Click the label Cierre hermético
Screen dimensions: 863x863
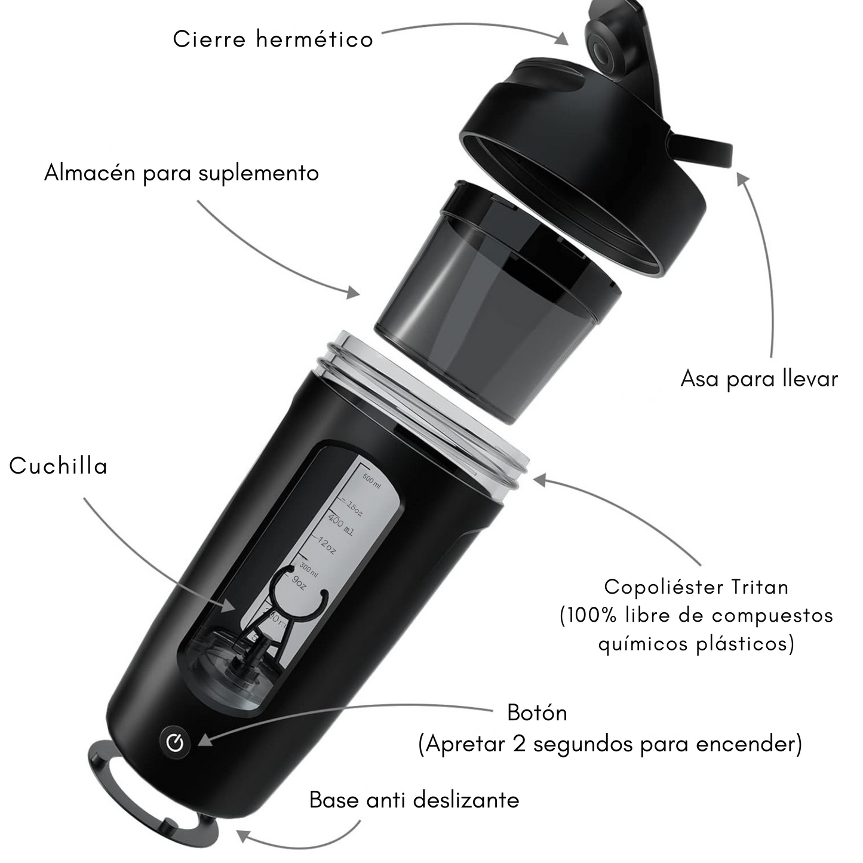(273, 39)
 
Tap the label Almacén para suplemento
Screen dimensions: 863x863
(182, 173)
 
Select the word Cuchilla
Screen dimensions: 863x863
(59, 466)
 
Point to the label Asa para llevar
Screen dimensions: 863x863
(759, 379)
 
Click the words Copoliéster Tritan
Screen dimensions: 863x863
(696, 587)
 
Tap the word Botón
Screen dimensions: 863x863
(537, 713)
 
